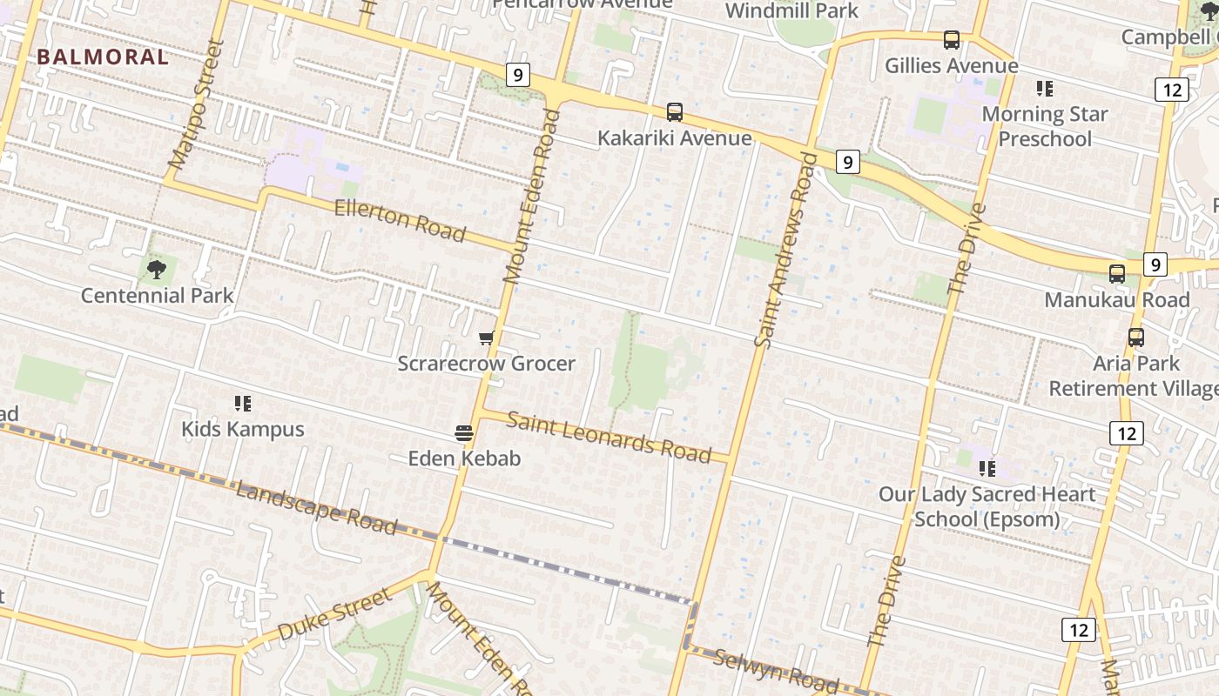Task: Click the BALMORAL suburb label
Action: click(x=103, y=57)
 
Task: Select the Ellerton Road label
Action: click(x=400, y=220)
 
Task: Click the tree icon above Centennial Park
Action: click(x=157, y=269)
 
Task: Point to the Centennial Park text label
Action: click(x=157, y=296)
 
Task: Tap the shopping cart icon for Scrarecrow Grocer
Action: click(x=487, y=338)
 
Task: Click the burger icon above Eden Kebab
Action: click(x=464, y=432)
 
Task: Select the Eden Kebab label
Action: click(x=464, y=458)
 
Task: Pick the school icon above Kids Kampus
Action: click(x=243, y=403)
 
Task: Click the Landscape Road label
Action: click(x=317, y=507)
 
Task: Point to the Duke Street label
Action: click(x=334, y=614)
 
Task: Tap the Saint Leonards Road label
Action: click(x=608, y=436)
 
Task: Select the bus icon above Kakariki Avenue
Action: click(x=675, y=112)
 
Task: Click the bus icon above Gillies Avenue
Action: click(x=952, y=40)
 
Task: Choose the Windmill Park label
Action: click(x=791, y=11)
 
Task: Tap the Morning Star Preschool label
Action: click(x=1045, y=126)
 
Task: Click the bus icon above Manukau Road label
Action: click(x=1117, y=274)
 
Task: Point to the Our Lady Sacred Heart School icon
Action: click(x=987, y=469)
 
